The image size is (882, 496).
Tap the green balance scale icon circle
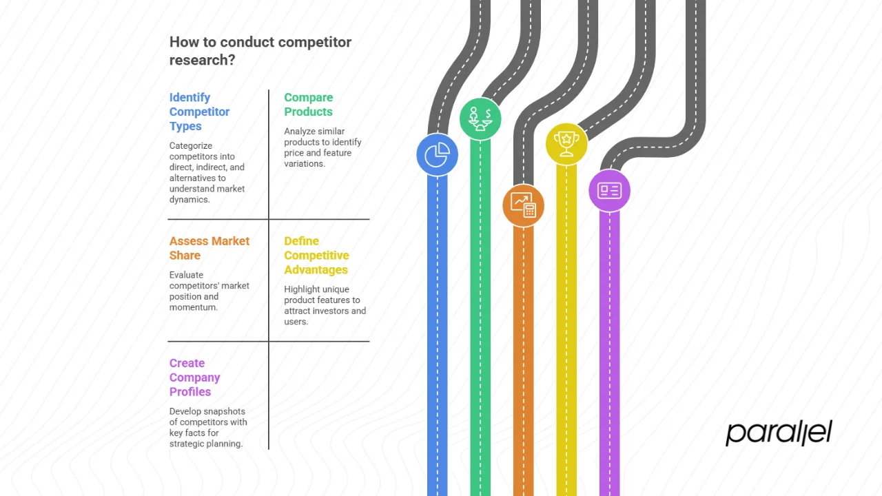(x=480, y=119)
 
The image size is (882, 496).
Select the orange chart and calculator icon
(x=523, y=205)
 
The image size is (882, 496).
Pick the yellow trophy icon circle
(x=566, y=144)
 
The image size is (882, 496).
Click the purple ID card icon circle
(x=609, y=191)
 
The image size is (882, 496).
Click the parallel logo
(x=779, y=433)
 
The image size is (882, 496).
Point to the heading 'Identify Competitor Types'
(x=199, y=112)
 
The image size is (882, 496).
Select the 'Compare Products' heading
(x=308, y=105)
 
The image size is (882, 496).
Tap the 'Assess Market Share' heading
(x=209, y=248)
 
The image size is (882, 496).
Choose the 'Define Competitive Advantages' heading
(x=316, y=256)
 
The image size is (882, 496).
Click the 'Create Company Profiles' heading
(x=194, y=378)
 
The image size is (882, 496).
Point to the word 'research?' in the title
(x=202, y=60)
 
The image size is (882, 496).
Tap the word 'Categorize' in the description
(x=191, y=146)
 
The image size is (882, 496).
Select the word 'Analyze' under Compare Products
(x=300, y=131)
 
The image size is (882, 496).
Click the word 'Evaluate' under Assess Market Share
(x=186, y=274)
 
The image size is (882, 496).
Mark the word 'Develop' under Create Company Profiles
(x=185, y=411)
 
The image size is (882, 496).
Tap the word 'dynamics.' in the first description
(x=189, y=200)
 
